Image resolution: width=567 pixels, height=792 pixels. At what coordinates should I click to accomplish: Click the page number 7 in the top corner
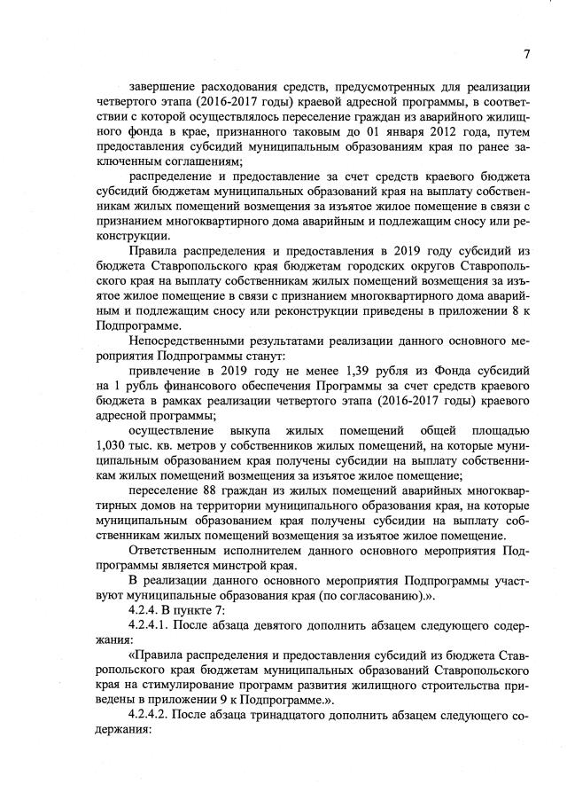tap(526, 53)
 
